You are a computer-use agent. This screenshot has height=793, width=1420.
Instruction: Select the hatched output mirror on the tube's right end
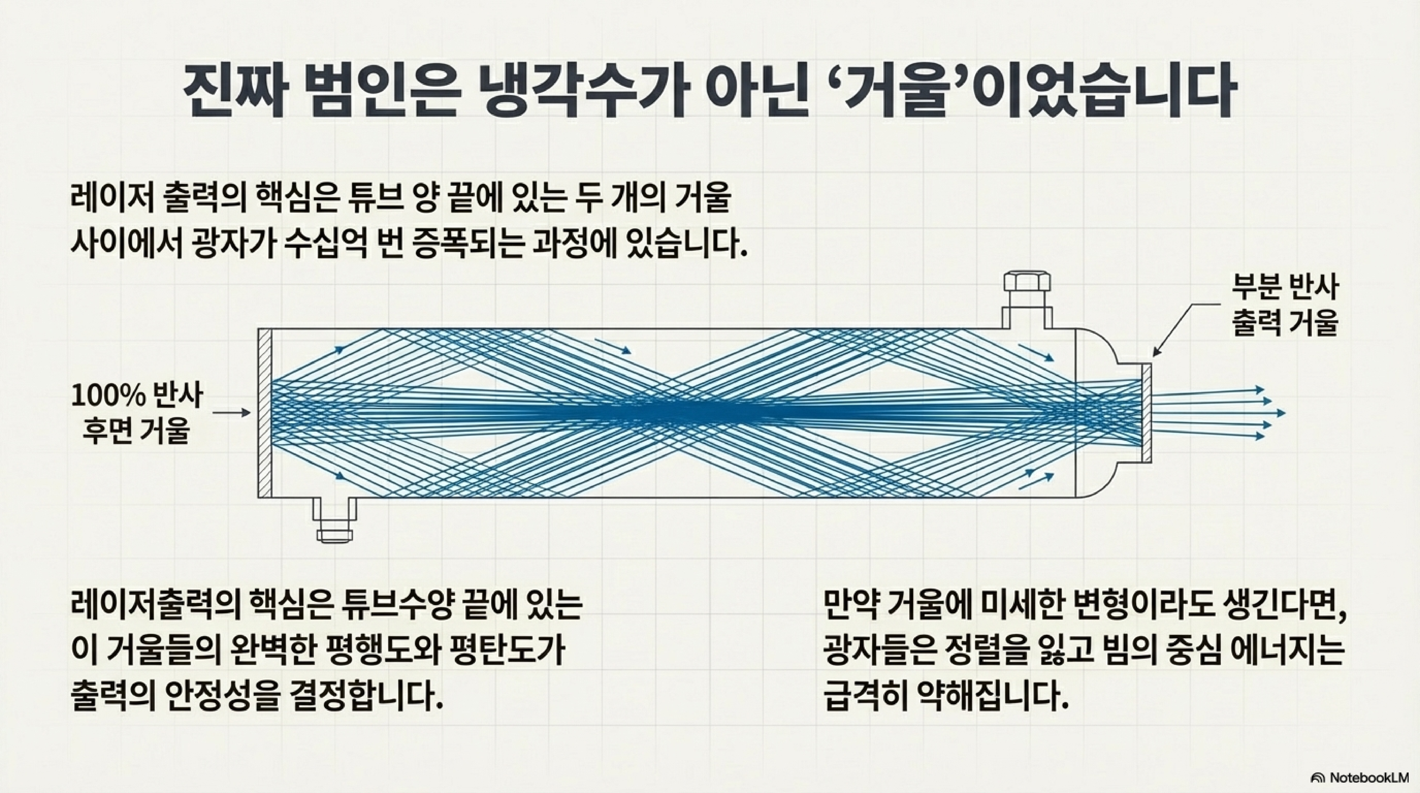pos(1147,413)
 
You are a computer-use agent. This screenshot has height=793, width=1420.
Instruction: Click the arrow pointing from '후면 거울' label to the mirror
pos(232,413)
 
